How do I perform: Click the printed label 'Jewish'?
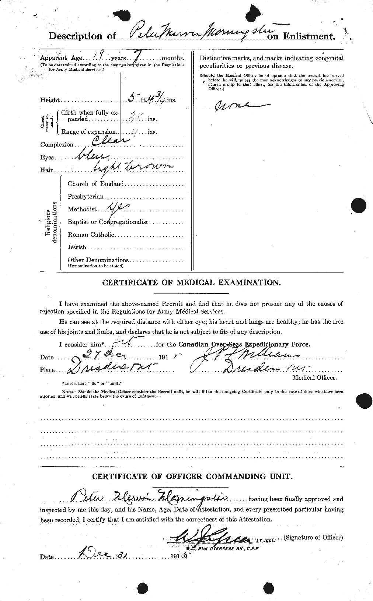coord(77,247)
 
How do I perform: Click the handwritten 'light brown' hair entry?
coord(136,168)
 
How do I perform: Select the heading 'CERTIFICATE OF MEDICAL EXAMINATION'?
coord(191,283)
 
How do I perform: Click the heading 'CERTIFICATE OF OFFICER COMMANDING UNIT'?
coord(192,477)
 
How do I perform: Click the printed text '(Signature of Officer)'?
coord(313,537)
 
